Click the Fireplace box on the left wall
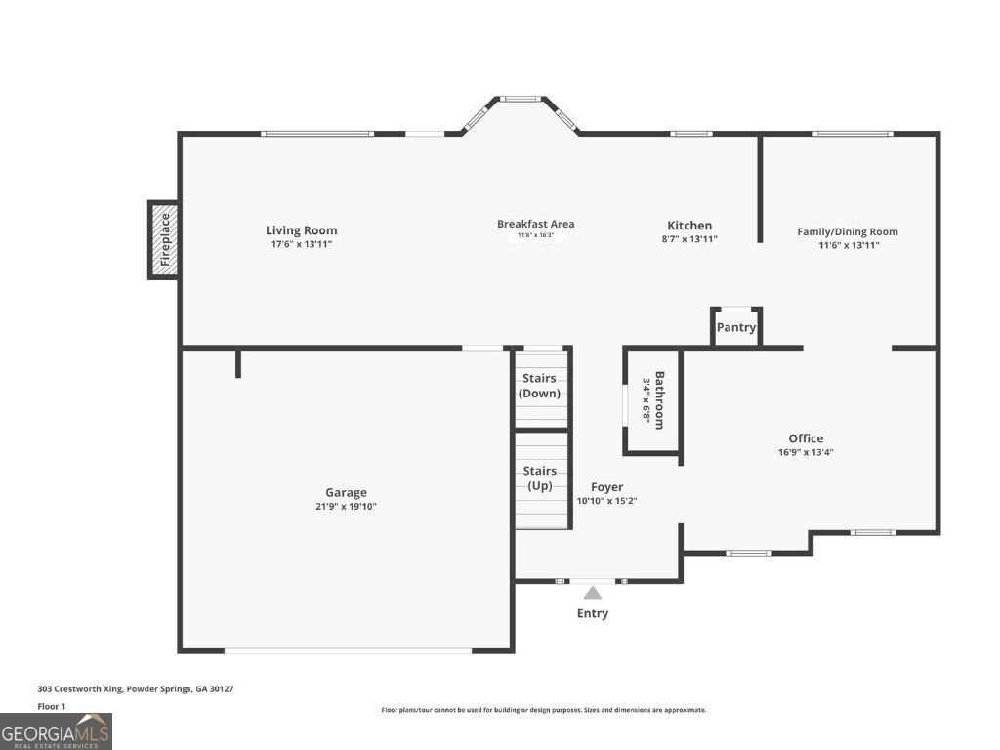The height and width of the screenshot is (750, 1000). (164, 240)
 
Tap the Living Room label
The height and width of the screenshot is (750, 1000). (301, 230)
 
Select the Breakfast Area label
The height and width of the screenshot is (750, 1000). (535, 224)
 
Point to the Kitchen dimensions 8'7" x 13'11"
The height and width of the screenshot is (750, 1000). (689, 239)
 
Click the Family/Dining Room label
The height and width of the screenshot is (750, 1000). (847, 231)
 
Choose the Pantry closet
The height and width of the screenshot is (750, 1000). (735, 327)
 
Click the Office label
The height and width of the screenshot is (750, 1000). (806, 438)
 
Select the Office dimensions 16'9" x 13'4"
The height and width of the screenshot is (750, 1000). (806, 452)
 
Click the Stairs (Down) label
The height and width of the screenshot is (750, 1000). (539, 386)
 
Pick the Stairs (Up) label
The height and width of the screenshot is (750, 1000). (539, 479)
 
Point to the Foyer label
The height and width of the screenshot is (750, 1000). (606, 487)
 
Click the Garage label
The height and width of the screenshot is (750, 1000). (346, 493)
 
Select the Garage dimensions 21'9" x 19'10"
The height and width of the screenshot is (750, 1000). (346, 507)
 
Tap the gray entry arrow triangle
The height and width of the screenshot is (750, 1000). (592, 592)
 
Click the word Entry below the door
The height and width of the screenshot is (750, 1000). (592, 613)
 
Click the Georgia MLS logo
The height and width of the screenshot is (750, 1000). (56, 731)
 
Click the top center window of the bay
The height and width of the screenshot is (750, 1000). (521, 99)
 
